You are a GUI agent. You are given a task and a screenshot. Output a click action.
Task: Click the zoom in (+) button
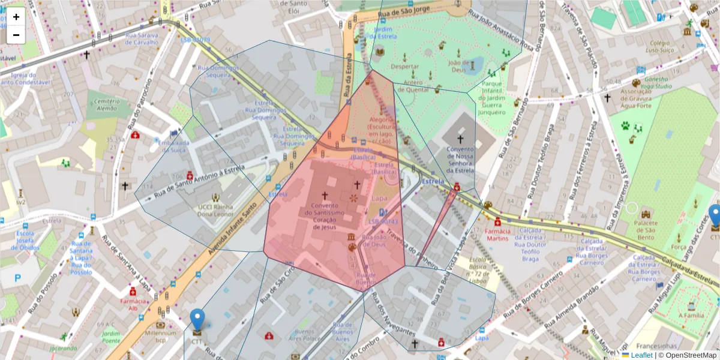pos(16,17)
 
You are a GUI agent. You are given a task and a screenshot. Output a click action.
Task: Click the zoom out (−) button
pos(16,35)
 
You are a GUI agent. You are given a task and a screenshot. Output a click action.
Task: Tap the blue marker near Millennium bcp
pos(197,320)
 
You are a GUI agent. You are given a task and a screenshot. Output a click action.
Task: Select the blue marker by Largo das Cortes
pos(715,216)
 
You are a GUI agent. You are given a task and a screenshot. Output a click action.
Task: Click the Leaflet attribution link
pos(641,355)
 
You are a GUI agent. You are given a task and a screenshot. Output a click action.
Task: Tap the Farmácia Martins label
pos(497,235)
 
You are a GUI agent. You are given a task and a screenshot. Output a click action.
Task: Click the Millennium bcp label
pos(160,337)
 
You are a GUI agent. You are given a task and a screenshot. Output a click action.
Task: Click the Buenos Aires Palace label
pos(304,335)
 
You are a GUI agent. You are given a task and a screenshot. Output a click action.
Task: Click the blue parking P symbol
pos(17,278)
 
